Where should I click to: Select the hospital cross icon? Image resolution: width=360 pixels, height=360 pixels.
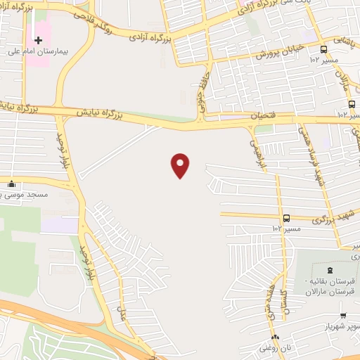coord(38,41)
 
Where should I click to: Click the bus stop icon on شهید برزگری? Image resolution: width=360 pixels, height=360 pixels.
coord(287,219)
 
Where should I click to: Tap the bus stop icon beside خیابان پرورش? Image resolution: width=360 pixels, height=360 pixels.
coord(323,49)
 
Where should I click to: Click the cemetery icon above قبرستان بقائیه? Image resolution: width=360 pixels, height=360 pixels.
coord(329,271)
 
